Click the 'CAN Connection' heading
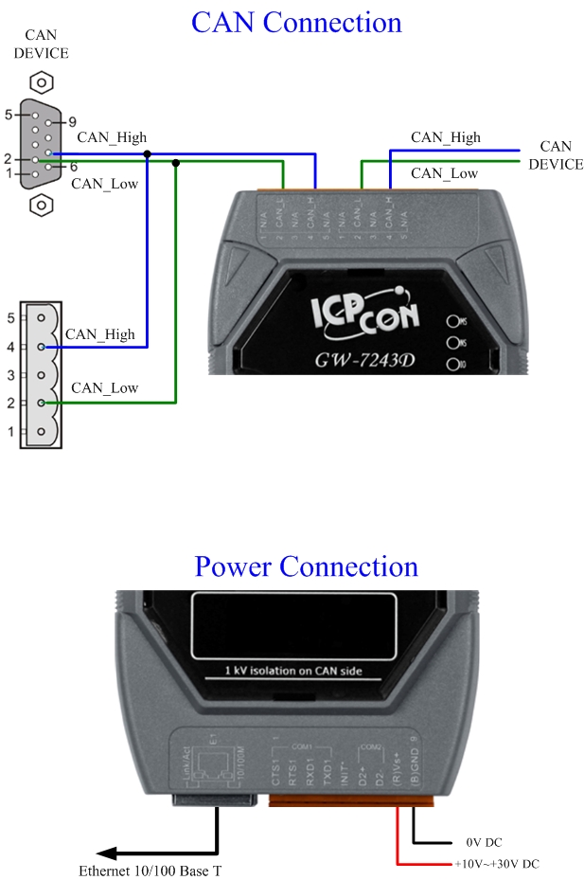pos(296,23)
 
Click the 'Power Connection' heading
pos(306,566)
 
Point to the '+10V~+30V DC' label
pos(498,864)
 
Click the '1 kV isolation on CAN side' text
pos(292,671)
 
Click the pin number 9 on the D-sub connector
pos(72,122)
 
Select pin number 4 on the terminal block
pos(10,347)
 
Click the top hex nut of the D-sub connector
pos(41,81)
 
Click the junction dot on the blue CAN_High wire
pos(147,153)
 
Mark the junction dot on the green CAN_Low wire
pos(175,162)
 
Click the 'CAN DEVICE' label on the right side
pos(556,155)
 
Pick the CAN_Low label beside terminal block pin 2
pos(104,387)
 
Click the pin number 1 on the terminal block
pos(10,432)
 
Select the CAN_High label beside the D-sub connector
pos(112,137)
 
